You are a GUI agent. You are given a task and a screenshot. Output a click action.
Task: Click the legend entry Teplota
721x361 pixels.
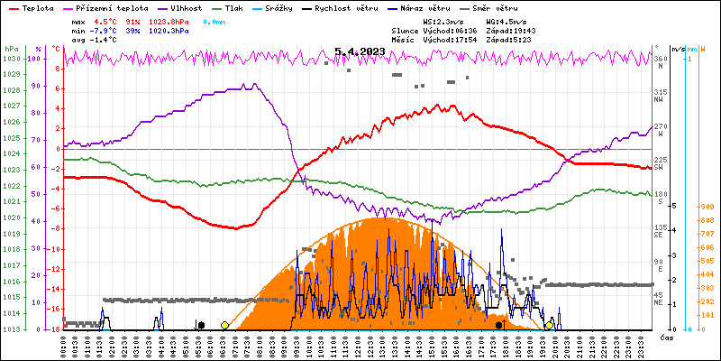coord(37,7)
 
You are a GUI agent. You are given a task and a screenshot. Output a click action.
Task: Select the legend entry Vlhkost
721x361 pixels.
coord(186,7)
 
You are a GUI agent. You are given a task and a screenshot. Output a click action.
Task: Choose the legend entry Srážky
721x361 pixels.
coord(289,7)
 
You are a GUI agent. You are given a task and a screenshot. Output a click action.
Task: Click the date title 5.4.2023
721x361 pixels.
coord(360,51)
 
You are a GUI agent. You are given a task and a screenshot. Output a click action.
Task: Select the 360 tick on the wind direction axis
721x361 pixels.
coord(660,59)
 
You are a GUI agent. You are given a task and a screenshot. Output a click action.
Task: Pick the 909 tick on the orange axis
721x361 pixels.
coord(707,206)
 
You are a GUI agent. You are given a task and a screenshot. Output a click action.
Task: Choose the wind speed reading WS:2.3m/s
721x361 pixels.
coord(443,21)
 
